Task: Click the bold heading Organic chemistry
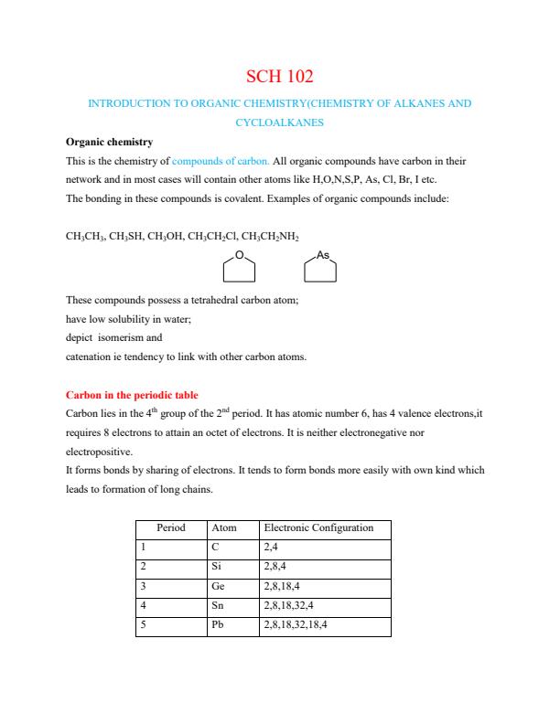pos(109,143)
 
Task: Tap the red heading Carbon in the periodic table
pos(132,396)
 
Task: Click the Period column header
pos(171,528)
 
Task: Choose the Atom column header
pos(224,528)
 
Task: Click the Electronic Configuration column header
pos(318,528)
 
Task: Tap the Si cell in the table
pos(217,566)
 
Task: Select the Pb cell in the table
pos(218,626)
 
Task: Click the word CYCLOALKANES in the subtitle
pos(279,121)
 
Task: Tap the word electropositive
pos(100,451)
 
